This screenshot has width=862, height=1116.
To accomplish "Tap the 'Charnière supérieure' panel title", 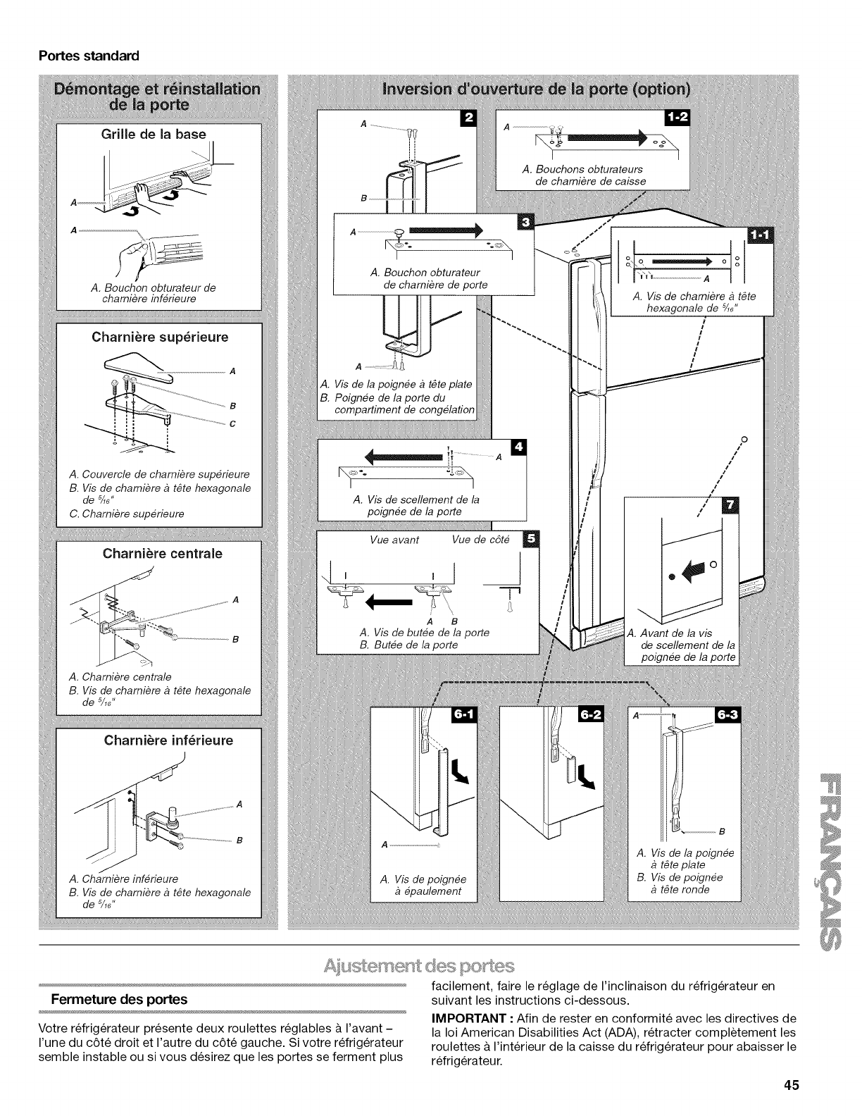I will point(161,337).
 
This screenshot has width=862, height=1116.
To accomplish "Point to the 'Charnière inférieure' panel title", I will point(168,740).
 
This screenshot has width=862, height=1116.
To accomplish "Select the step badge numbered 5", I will point(530,539).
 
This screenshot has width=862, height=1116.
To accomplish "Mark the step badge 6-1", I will point(466,717).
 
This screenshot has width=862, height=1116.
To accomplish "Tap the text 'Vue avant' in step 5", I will point(394,540).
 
